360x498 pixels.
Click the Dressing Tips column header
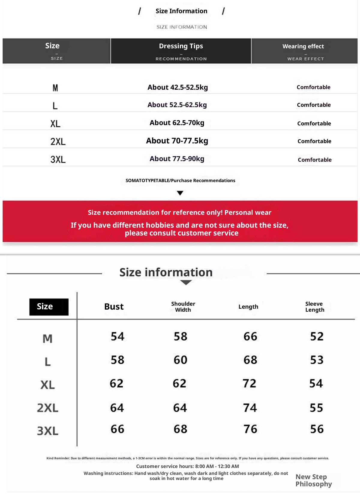[181, 46]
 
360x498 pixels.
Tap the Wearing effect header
[303, 46]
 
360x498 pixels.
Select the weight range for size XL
[177, 123]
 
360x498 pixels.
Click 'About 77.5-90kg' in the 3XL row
[177, 159]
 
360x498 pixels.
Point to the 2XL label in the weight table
[58, 141]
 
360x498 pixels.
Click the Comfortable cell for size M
[313, 87]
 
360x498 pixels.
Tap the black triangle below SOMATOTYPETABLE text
[180, 193]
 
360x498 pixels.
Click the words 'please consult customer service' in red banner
[181, 233]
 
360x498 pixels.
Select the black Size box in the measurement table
[49, 307]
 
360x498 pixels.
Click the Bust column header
[114, 307]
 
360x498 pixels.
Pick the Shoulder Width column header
[183, 307]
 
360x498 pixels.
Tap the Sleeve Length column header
[314, 307]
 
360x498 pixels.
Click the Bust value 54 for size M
[117, 336]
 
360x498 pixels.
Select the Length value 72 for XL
[249, 383]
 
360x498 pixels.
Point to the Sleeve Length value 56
[317, 429]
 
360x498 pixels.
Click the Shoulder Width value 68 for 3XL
[180, 429]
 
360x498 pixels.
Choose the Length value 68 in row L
[250, 360]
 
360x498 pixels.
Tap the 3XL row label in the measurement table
[48, 431]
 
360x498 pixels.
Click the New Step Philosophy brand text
[313, 480]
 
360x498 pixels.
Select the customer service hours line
[187, 466]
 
